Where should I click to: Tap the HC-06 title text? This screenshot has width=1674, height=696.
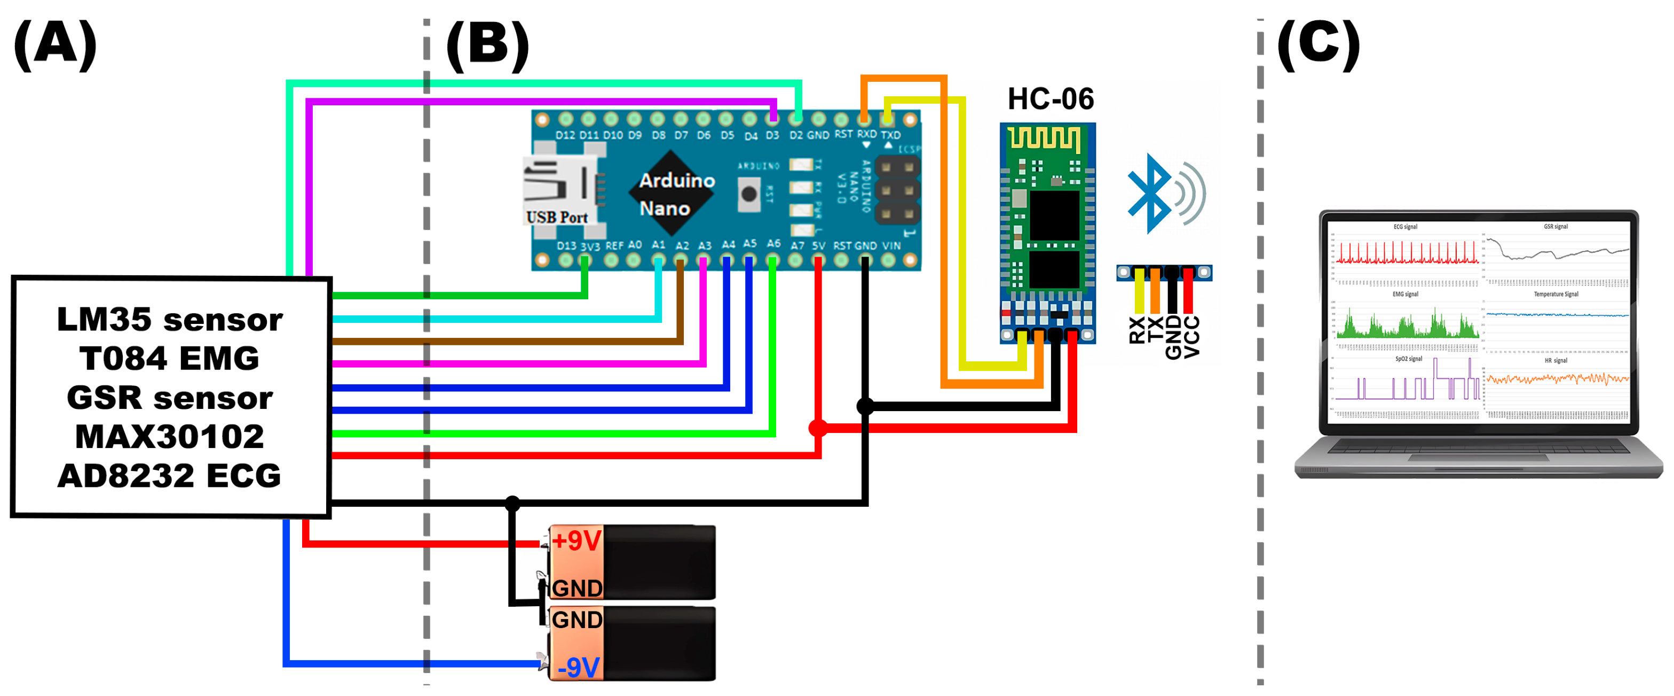pyautogui.click(x=1050, y=99)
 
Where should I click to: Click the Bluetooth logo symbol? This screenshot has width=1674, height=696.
pyautogui.click(x=1149, y=194)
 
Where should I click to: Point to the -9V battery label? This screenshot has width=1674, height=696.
pyautogui.click(x=578, y=667)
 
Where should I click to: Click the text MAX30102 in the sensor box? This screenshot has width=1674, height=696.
pyautogui.click(x=170, y=436)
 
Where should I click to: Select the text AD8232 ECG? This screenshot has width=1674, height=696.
pyautogui.click(x=170, y=475)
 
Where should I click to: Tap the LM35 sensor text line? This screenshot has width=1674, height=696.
pyautogui.click(x=170, y=319)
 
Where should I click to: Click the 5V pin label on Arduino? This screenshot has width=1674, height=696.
pyautogui.click(x=818, y=246)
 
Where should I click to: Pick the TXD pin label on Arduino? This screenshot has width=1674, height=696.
pyautogui.click(x=890, y=135)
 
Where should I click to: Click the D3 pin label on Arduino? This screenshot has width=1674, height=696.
pyautogui.click(x=772, y=135)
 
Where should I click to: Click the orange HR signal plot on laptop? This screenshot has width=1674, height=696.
pyautogui.click(x=1557, y=378)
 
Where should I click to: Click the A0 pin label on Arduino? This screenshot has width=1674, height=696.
pyautogui.click(x=634, y=245)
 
